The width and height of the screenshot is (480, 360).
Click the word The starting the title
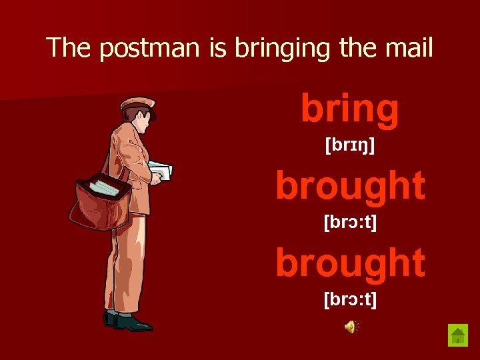67,48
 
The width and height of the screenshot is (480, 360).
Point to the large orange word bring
350,109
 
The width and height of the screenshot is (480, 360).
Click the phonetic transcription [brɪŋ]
350,145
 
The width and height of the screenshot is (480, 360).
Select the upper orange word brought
350,185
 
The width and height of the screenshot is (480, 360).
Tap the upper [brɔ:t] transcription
350,221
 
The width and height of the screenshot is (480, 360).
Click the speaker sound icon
351,326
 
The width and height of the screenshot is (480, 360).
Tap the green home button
458,335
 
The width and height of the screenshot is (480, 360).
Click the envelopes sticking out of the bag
103,186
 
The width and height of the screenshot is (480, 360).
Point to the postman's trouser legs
127,267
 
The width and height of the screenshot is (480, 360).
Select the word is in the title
218,48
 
